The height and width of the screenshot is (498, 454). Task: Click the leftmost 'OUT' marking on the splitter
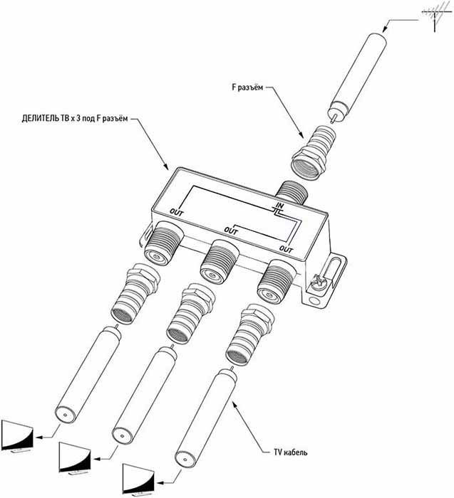tap(177, 212)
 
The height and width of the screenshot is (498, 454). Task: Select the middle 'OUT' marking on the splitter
tap(231, 231)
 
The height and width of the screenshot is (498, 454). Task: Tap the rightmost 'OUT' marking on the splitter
tap(287, 248)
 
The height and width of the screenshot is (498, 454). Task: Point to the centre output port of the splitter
tap(217, 263)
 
